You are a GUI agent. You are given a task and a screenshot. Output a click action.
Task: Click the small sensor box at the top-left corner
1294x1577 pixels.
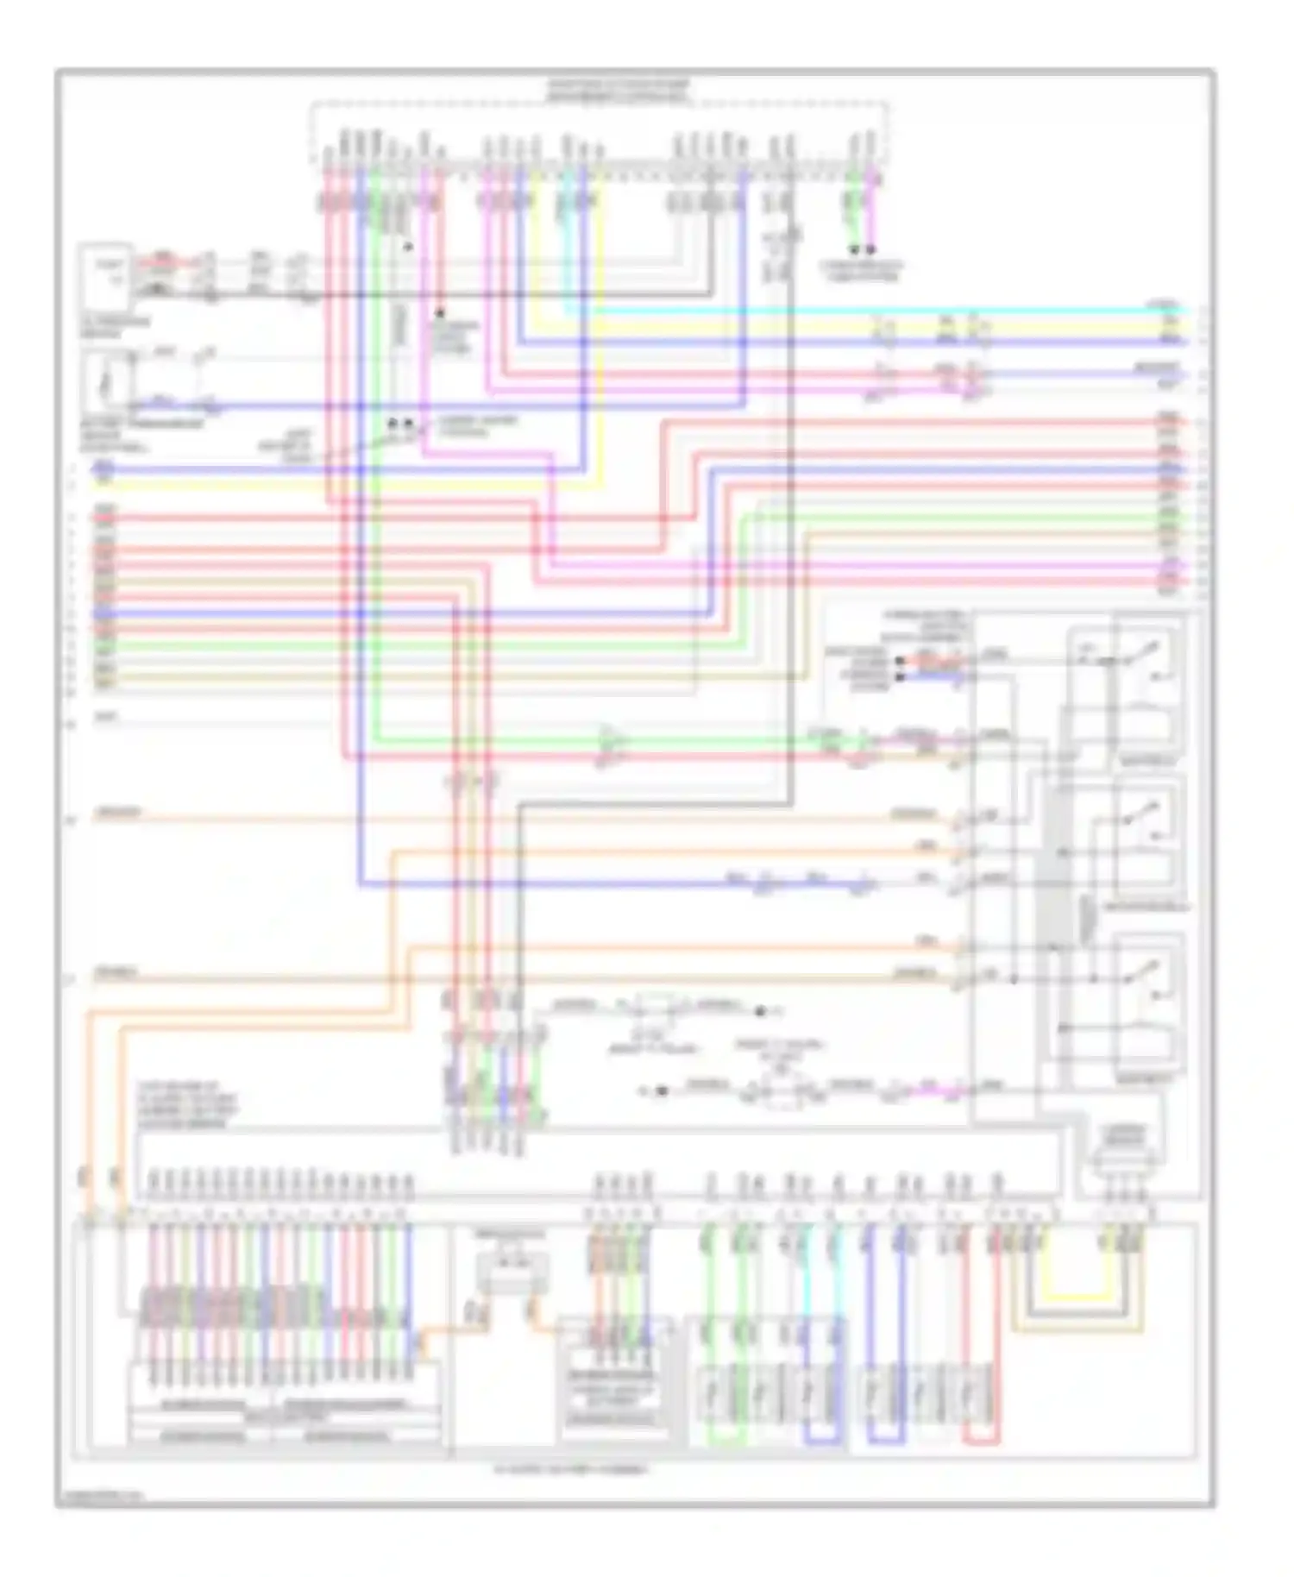coord(105,275)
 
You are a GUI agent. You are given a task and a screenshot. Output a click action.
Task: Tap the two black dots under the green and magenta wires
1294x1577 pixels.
coord(862,249)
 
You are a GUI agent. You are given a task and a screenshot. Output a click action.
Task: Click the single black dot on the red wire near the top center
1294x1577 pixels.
coord(440,312)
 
